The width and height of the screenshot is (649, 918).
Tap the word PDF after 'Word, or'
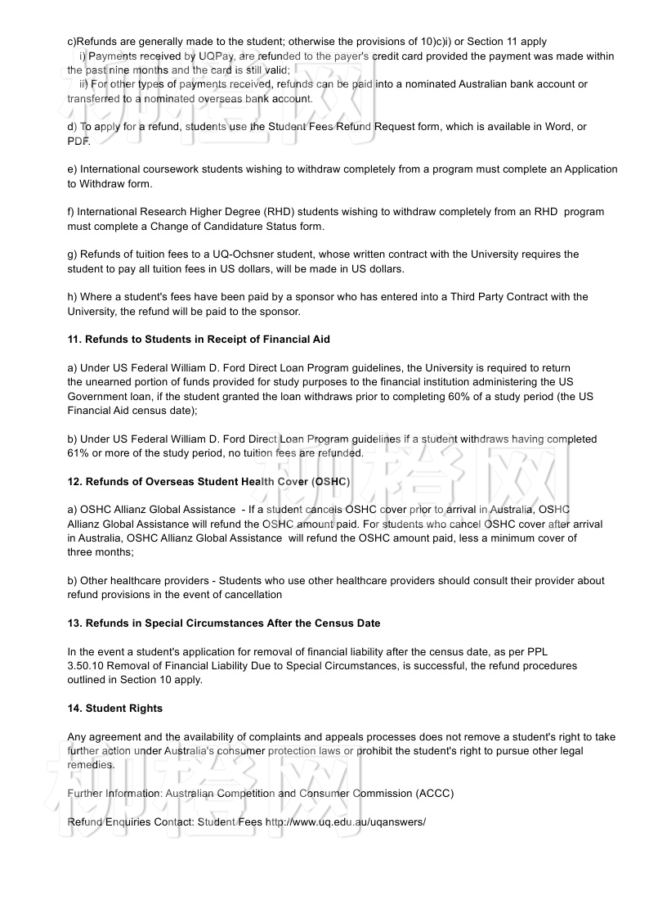78,141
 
